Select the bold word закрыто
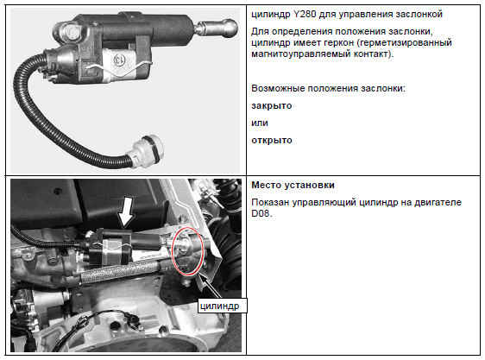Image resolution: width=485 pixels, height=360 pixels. [x=272, y=106]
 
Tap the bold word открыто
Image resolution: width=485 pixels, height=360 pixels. [x=272, y=141]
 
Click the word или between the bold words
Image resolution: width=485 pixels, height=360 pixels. [x=260, y=123]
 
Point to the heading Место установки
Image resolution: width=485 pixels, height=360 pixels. [x=293, y=185]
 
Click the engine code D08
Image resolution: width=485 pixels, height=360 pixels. [x=261, y=213]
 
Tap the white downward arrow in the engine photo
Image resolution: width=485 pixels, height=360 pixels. [x=127, y=212]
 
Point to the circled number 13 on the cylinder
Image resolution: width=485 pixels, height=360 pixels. [x=118, y=60]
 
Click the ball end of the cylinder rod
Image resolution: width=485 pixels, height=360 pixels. [x=230, y=28]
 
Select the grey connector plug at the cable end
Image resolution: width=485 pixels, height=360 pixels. [x=146, y=151]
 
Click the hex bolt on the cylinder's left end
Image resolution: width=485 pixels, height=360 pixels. [x=72, y=32]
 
